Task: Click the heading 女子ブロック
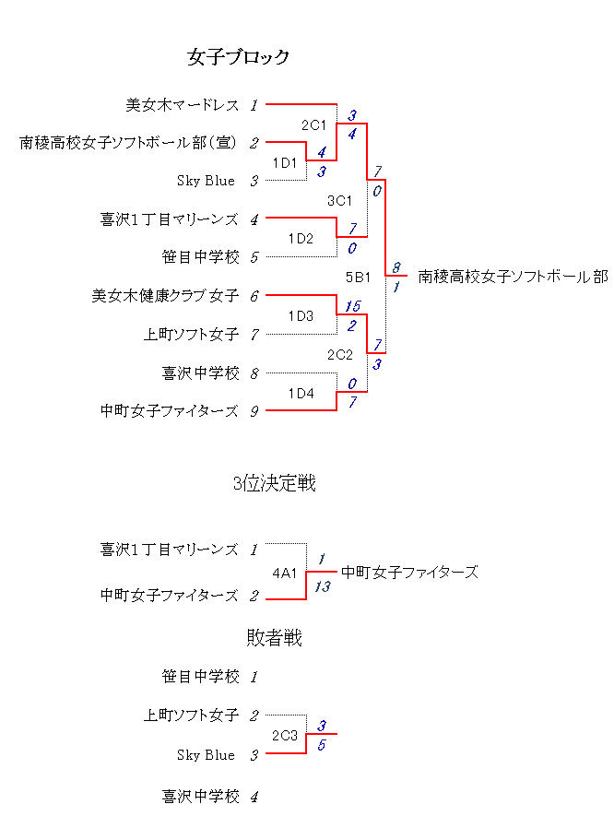pyautogui.click(x=238, y=57)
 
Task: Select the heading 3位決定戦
pyautogui.click(x=274, y=483)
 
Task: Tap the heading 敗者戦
pyautogui.click(x=274, y=637)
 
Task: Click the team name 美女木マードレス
pyautogui.click(x=183, y=105)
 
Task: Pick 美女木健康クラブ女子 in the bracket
pyautogui.click(x=165, y=296)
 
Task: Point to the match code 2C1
pyautogui.click(x=313, y=125)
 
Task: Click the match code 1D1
pyautogui.click(x=285, y=163)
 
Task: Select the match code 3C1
pyautogui.click(x=340, y=201)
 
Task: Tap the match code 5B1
pyautogui.click(x=358, y=278)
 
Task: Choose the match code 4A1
pyautogui.click(x=285, y=574)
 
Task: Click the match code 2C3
pyautogui.click(x=285, y=736)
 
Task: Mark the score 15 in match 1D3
pyautogui.click(x=353, y=306)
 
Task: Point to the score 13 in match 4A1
pyautogui.click(x=323, y=586)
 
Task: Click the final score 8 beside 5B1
pyautogui.click(x=396, y=267)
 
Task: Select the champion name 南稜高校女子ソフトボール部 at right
pyautogui.click(x=514, y=277)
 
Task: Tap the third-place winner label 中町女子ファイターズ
pyautogui.click(x=409, y=573)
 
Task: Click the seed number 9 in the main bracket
pyautogui.click(x=254, y=411)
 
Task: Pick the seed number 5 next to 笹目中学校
pyautogui.click(x=254, y=257)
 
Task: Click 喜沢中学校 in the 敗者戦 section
pyautogui.click(x=200, y=797)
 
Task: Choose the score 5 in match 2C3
pyautogui.click(x=322, y=745)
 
